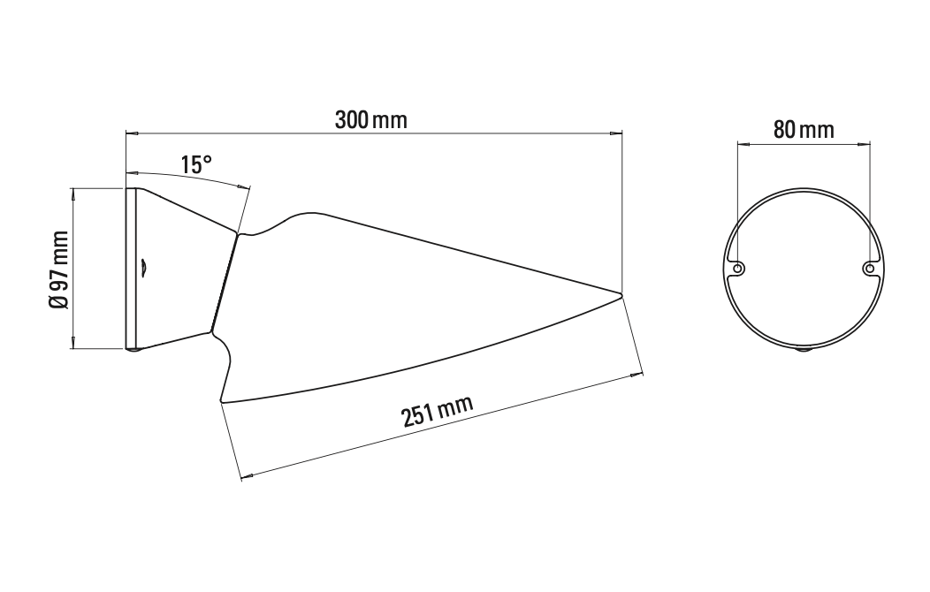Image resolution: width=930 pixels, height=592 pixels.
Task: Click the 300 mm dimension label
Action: pos(370,120)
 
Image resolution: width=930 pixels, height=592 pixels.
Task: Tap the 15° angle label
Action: pos(196,164)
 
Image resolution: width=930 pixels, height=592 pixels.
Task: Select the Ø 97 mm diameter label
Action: pos(59,269)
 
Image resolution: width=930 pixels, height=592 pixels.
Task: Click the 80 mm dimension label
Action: pos(804,130)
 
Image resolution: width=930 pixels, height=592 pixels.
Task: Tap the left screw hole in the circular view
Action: pos(737,268)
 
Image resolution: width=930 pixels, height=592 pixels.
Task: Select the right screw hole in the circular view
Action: pos(870,268)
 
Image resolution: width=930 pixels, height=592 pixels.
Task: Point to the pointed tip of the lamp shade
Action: pos(621,294)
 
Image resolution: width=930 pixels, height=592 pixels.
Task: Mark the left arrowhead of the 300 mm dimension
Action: pos(131,133)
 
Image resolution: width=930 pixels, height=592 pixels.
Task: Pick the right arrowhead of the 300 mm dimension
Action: pos(617,133)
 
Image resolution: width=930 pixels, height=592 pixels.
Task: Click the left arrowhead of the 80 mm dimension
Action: pos(742,142)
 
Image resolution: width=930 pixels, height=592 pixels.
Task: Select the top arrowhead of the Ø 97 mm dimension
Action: pos(73,192)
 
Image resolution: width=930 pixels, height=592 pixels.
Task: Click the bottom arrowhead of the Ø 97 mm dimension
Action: pos(73,345)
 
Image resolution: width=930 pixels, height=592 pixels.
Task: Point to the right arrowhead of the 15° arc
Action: pos(246,186)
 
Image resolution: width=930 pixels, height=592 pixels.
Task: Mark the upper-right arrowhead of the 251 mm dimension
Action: pos(637,375)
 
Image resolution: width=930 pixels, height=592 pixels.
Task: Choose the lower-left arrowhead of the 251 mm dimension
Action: pos(247,477)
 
